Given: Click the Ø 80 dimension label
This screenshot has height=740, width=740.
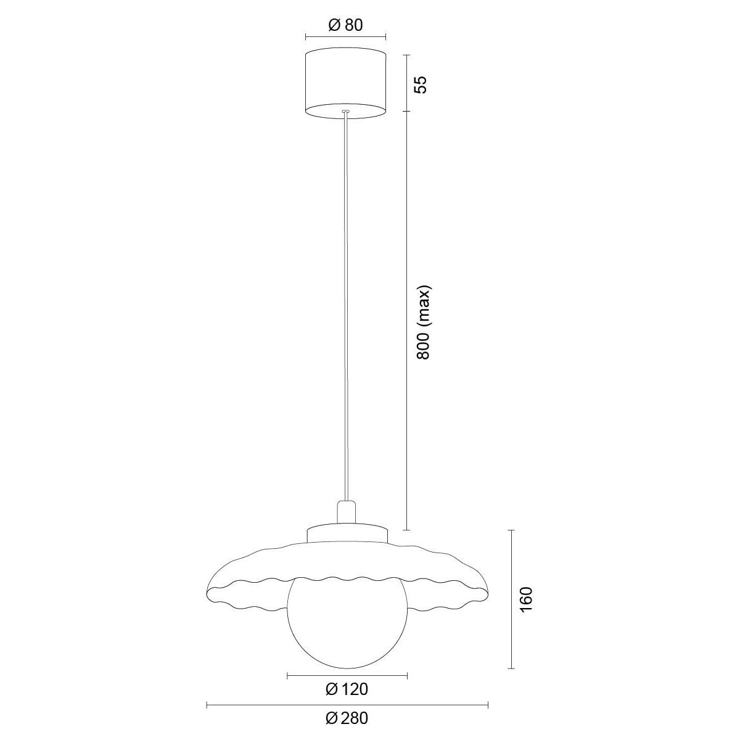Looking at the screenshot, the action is [345, 25].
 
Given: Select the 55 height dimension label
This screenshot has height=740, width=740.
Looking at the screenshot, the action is [421, 84].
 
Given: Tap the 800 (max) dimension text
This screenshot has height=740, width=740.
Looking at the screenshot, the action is [423, 322].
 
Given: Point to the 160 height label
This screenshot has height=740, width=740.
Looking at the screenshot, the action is [526, 599].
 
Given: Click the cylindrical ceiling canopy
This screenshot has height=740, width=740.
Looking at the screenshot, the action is [345, 83].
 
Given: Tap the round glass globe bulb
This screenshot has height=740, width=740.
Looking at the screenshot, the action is [347, 629].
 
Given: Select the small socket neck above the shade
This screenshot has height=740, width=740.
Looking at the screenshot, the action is [347, 512].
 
